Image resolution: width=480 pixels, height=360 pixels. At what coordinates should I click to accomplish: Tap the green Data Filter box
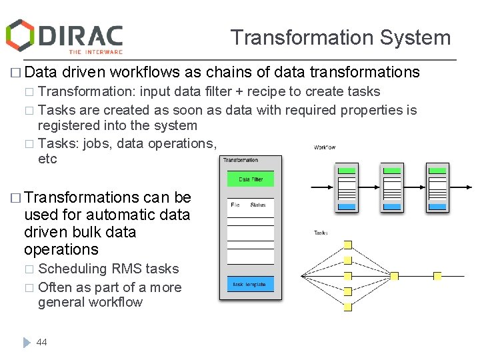click(x=250, y=179)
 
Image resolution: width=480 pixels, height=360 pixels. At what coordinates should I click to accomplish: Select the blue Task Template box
click(x=250, y=285)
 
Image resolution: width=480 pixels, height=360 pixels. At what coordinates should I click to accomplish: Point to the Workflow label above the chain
click(x=325, y=147)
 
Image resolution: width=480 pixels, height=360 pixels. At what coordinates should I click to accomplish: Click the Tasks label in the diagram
click(x=321, y=233)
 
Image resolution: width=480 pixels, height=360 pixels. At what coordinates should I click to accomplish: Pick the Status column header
click(x=258, y=205)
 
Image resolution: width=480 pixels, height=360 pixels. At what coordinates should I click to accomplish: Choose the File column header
click(x=235, y=205)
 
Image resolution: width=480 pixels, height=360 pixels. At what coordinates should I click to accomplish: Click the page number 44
click(x=42, y=342)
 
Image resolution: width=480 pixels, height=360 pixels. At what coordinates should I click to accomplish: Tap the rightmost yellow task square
click(x=438, y=275)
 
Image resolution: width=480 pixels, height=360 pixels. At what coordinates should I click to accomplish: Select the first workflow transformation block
click(x=347, y=188)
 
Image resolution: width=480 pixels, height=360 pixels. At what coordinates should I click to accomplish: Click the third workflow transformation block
click(x=437, y=188)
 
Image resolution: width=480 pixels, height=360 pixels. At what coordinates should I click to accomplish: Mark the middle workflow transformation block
click(x=393, y=188)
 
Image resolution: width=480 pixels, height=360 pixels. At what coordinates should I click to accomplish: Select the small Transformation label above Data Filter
click(x=241, y=160)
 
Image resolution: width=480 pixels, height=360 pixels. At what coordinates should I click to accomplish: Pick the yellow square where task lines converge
click(x=394, y=275)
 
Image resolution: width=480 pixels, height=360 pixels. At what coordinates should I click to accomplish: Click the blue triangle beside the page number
click(x=27, y=342)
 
